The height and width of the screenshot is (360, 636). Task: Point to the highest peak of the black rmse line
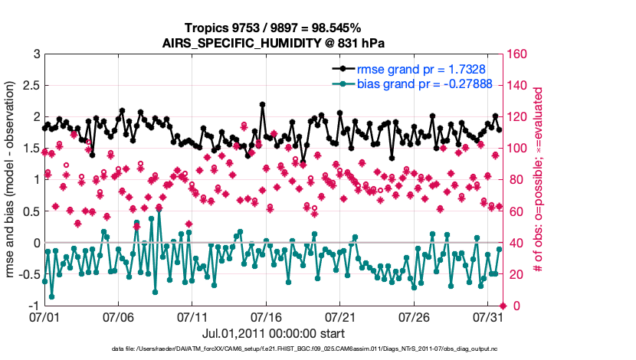click(x=263, y=104)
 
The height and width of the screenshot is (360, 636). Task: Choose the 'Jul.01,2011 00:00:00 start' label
click(x=273, y=333)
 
